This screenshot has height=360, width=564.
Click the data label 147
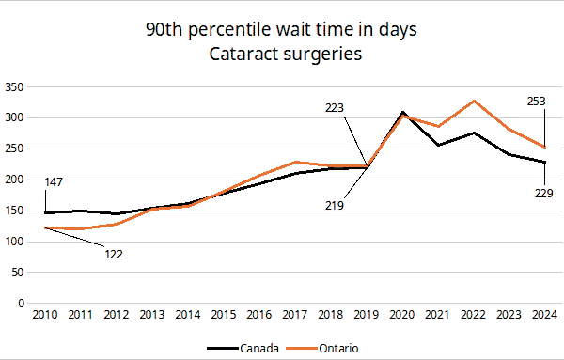coord(54,182)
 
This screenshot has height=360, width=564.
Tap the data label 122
coord(114,255)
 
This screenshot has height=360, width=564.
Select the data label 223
coord(335,108)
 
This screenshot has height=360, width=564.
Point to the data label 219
coord(335,206)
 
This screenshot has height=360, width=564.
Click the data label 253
coord(537,102)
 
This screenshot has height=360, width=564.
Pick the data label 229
coord(544,194)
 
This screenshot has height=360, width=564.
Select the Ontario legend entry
coord(322,348)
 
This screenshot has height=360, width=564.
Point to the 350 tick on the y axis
coord(14,87)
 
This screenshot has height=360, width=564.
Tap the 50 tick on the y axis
coord(18,273)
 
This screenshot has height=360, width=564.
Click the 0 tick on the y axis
coord(21,304)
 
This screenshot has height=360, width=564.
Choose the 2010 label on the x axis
coord(45,315)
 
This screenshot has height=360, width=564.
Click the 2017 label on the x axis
coord(295,315)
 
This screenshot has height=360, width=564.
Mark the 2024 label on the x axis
coord(544,315)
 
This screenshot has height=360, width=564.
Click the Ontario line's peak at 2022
coord(474,101)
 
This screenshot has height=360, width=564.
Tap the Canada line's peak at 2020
coord(402,112)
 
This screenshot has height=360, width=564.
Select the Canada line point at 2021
coord(438,145)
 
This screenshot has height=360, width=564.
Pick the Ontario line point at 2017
coord(295,163)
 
